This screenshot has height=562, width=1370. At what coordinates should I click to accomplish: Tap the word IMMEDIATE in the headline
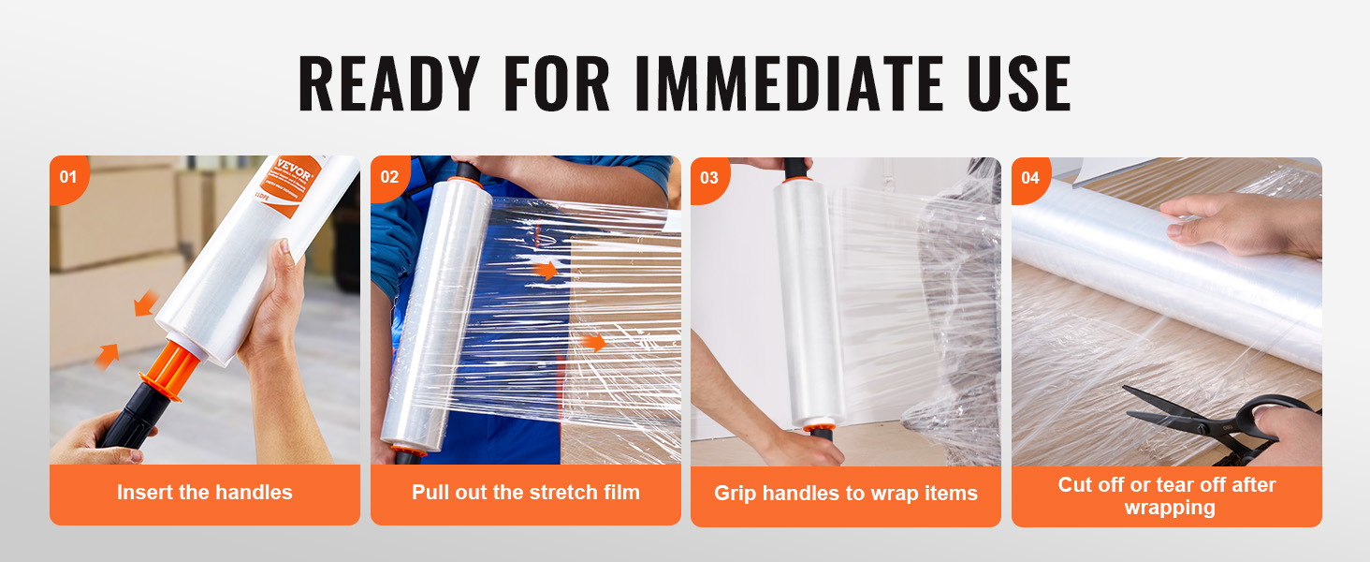point(789,84)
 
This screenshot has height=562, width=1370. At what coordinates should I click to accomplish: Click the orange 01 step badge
point(68,177)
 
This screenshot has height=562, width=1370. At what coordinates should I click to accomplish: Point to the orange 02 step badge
point(389,177)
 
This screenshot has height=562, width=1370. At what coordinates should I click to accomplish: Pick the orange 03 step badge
point(709,177)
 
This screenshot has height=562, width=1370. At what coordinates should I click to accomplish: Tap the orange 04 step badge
point(1030,177)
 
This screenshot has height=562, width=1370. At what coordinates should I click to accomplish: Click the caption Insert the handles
point(204,493)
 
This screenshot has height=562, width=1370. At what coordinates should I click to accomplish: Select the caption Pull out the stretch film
point(525,493)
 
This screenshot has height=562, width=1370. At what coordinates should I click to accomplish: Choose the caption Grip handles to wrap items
point(845,494)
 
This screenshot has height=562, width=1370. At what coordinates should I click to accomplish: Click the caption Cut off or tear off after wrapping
point(1166,495)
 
